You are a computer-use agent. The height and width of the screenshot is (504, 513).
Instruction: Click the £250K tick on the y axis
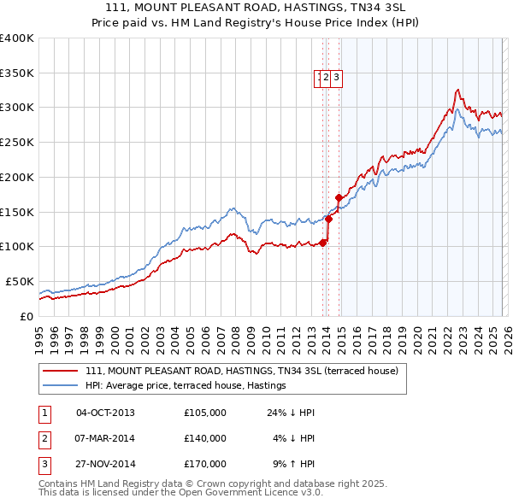(17, 142)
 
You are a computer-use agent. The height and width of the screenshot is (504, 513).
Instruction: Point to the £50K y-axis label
(17, 281)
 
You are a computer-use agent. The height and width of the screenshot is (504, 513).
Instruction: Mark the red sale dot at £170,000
(339, 197)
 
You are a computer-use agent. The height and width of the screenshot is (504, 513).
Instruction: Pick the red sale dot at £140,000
(328, 219)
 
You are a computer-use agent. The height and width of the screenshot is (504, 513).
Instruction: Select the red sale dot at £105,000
(322, 243)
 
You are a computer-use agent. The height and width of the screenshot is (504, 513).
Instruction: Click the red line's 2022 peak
(458, 89)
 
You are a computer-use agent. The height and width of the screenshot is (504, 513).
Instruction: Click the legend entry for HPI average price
(186, 386)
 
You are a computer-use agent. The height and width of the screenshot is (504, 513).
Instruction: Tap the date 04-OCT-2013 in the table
(105, 413)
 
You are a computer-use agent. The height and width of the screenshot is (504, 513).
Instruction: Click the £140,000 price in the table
(204, 438)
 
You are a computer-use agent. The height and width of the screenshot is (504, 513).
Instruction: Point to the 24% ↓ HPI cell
(291, 413)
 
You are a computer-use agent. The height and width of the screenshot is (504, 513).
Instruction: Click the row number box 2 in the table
(44, 438)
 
